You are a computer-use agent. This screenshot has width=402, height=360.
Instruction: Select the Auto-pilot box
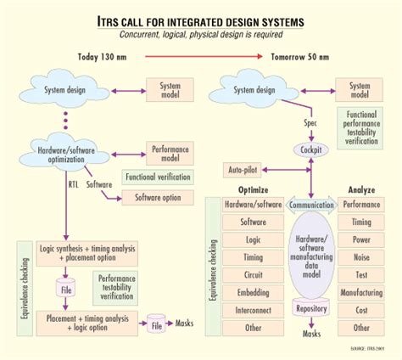coord(245,171)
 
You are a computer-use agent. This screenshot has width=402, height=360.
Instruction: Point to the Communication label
coord(311,205)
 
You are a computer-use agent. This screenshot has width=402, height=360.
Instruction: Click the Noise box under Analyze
coord(361,257)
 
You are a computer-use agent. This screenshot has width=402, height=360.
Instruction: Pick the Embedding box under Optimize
coord(254,292)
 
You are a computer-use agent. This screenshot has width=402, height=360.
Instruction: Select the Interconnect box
coord(254,310)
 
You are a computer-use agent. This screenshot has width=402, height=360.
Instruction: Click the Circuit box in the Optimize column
coord(254,274)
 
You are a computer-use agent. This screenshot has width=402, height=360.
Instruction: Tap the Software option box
coord(152,198)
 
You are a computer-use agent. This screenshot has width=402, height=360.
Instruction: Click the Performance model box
coord(169,153)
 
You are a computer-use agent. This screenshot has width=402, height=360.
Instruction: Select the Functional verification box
coord(158,177)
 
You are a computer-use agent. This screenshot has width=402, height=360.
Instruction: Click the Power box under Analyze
coord(361,240)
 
